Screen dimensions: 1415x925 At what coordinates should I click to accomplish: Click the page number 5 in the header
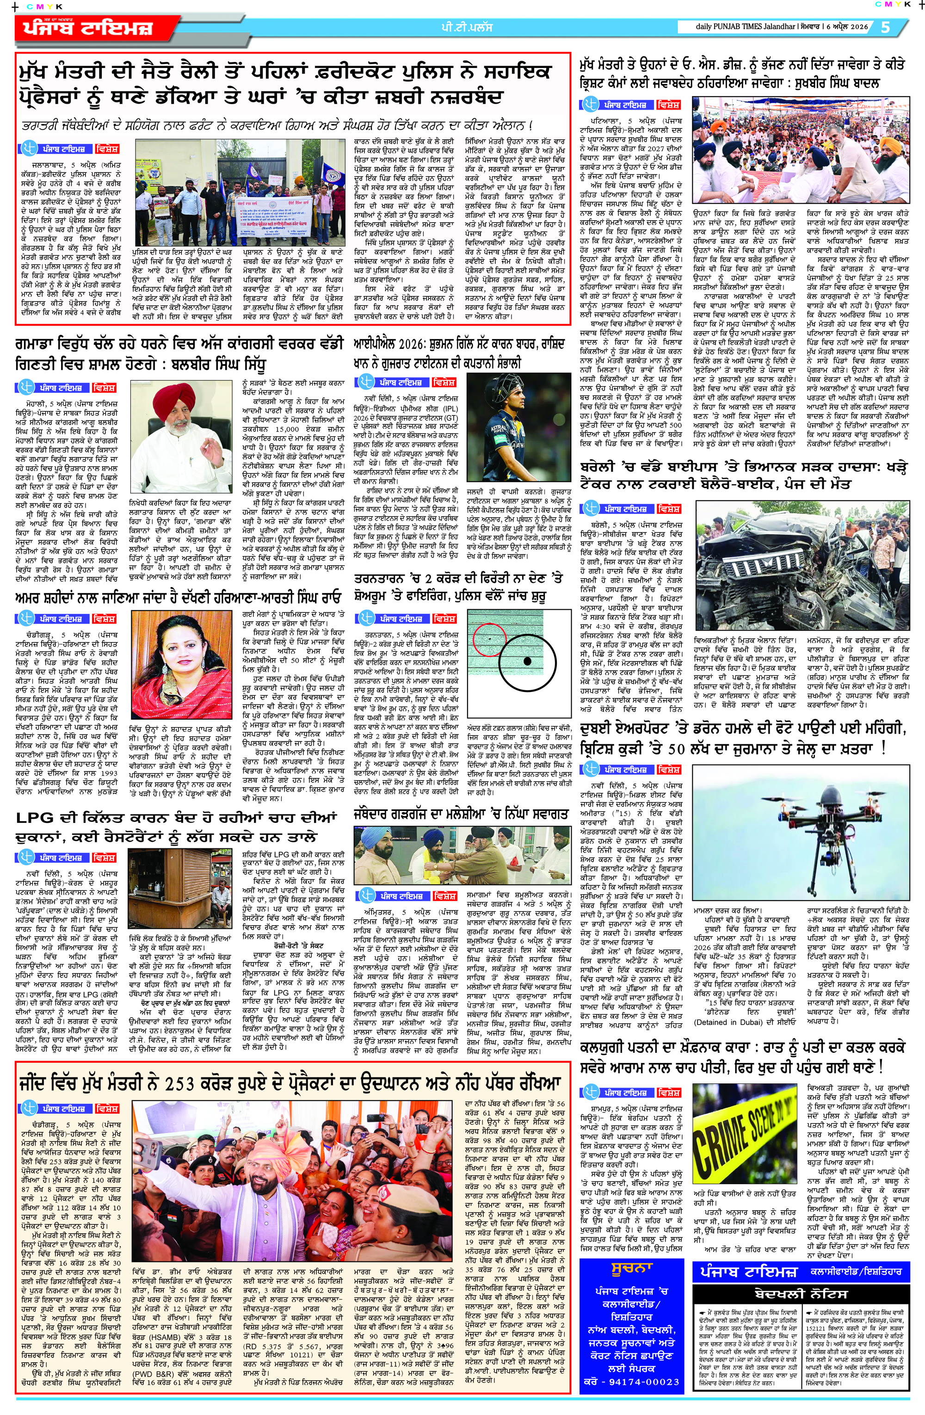coord(885,27)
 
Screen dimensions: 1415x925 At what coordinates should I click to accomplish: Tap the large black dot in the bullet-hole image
coord(526,661)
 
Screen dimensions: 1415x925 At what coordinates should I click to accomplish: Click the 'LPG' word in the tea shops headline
coord(35,818)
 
